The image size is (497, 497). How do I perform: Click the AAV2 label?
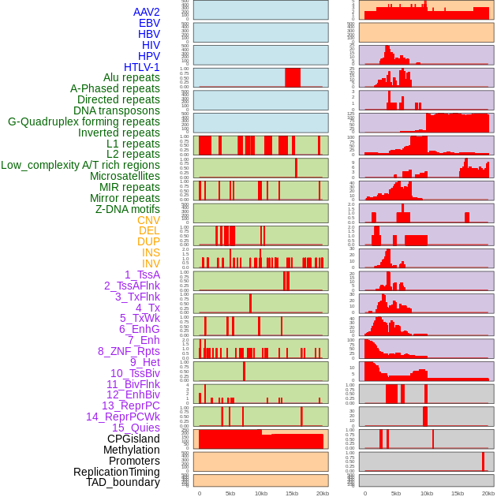[147, 13]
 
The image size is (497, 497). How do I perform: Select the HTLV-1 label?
[142, 67]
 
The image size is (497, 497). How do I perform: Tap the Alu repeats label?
[132, 78]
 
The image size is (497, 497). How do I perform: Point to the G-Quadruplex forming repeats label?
[84, 121]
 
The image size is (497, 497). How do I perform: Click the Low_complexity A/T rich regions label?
[80, 165]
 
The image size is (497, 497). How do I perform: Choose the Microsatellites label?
[125, 176]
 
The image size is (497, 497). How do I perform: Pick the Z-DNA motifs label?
[128, 209]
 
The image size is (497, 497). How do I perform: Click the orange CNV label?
[148, 220]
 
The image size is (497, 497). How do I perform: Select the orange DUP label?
[148, 241]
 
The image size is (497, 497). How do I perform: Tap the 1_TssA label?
[142, 275]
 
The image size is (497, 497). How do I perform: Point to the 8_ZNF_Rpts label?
[129, 351]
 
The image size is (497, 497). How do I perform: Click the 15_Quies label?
[135, 428]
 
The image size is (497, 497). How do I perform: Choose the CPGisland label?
[133, 439]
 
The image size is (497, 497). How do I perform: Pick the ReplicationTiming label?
[116, 472]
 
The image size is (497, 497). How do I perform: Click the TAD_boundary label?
[122, 482]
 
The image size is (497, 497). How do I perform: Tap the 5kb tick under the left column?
[230, 493]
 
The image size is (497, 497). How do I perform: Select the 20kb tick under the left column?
[322, 493]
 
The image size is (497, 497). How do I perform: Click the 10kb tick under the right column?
[426, 493]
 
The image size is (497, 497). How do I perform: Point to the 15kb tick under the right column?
[457, 493]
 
